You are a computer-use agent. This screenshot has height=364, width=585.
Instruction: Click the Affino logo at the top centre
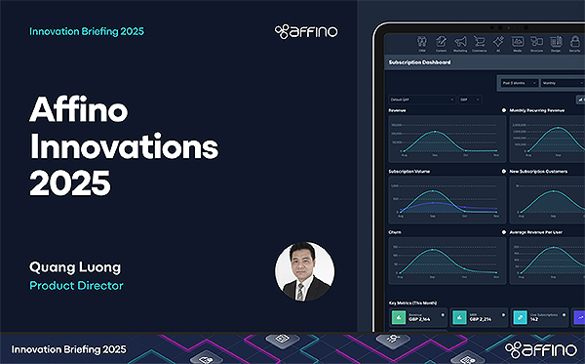306,31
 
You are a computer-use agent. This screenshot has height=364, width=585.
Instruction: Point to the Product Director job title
76,286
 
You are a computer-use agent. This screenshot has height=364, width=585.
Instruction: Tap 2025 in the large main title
64,182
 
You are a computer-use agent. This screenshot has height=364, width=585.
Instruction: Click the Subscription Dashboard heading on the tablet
420,62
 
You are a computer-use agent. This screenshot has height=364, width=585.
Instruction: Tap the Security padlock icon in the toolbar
573,42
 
